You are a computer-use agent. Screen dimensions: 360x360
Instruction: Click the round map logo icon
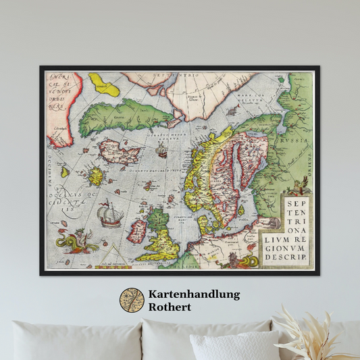[x=132, y=300]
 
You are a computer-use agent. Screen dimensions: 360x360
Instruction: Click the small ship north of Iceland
[x=161, y=151]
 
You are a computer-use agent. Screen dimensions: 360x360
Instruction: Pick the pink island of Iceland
[x=118, y=151]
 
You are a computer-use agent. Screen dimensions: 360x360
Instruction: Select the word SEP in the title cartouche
[x=296, y=201]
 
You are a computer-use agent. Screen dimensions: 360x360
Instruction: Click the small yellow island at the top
[x=104, y=84]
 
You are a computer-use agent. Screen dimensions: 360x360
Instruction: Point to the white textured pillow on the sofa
[x=233, y=346]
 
